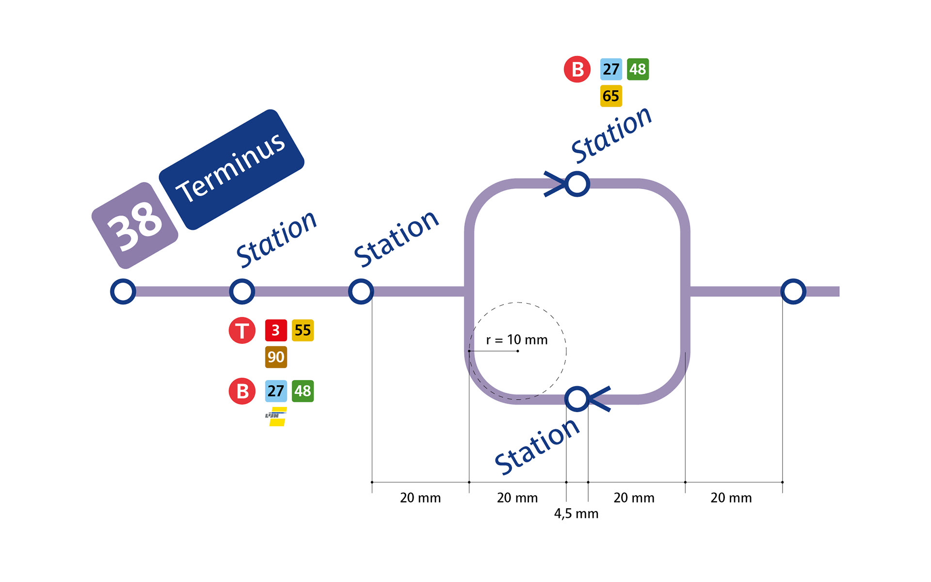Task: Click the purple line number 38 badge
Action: tap(135, 226)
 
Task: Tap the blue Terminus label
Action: tap(231, 169)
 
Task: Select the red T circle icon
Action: tap(242, 331)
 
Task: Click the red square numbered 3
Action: tap(276, 330)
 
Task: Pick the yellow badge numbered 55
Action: tap(303, 330)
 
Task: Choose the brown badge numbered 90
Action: tap(276, 357)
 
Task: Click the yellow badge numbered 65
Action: tap(611, 96)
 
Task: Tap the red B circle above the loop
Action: tap(577, 69)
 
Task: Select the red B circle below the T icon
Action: tap(242, 391)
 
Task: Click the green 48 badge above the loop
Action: tap(638, 69)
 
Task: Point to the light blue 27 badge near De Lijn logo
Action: tap(276, 391)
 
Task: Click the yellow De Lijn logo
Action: tap(277, 417)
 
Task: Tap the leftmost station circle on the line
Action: tap(123, 291)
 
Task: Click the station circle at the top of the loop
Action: tap(577, 184)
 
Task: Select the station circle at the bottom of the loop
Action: tap(577, 399)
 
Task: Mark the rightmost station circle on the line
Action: tap(793, 291)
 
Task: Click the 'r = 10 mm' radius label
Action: tap(517, 340)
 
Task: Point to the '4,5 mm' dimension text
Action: tap(576, 514)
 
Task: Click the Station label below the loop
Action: tap(537, 446)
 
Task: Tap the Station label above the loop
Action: tap(611, 134)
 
